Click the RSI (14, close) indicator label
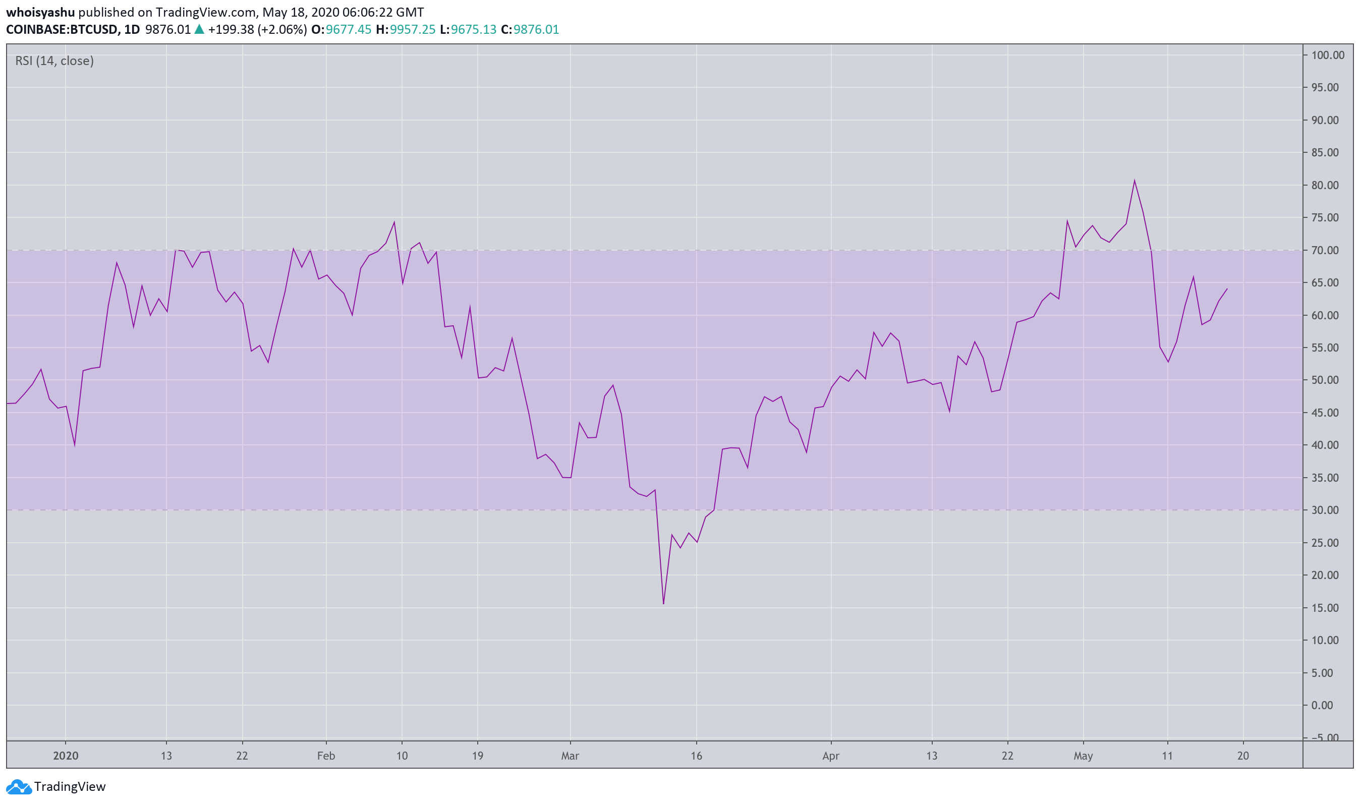pos(54,61)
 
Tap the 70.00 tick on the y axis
pos(1325,250)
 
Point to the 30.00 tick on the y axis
pos(1325,510)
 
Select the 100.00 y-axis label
pos(1327,55)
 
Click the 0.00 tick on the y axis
pos(1327,705)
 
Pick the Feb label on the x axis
pos(326,756)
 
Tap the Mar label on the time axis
pos(570,756)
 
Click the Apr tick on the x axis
pos(830,756)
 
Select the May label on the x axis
pos(1083,756)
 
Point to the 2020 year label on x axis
pos(66,756)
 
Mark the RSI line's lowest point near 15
pos(663,604)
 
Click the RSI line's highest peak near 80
pos(1135,180)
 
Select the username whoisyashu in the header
pos(40,12)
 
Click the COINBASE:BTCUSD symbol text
pos(63,29)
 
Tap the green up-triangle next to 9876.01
pos(199,29)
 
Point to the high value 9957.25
pos(413,29)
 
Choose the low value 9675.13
pos(474,29)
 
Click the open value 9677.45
pos(348,29)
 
